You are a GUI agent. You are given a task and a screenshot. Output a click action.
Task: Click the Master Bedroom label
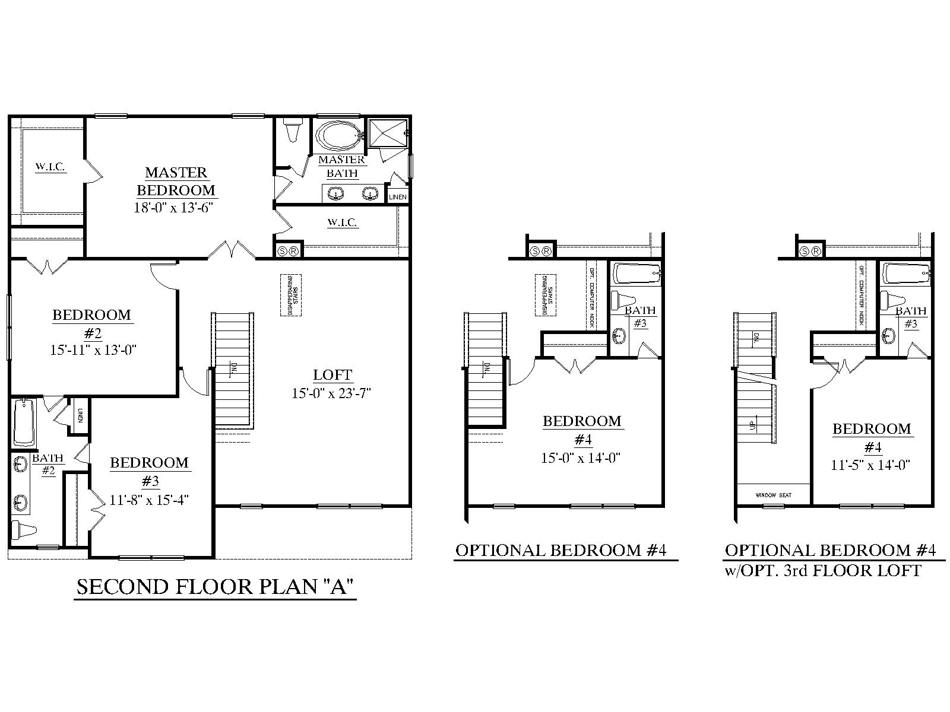click(x=176, y=182)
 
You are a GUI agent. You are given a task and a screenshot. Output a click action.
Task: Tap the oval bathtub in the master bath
click(x=337, y=136)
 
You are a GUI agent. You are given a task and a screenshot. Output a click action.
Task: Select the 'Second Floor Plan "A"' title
click(x=215, y=587)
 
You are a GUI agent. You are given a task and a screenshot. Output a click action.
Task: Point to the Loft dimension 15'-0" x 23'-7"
click(x=331, y=393)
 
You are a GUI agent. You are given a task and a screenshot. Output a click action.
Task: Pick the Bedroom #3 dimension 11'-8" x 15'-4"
click(x=150, y=499)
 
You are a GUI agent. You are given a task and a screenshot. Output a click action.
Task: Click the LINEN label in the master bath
click(x=397, y=196)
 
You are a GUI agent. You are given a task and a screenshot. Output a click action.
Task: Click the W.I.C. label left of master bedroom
click(x=50, y=167)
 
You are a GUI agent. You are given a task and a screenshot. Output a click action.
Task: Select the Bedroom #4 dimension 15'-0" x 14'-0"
click(x=581, y=457)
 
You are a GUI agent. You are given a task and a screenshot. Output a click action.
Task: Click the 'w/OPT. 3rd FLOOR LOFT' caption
click(x=822, y=571)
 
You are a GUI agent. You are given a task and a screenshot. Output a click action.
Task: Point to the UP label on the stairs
click(x=752, y=425)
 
